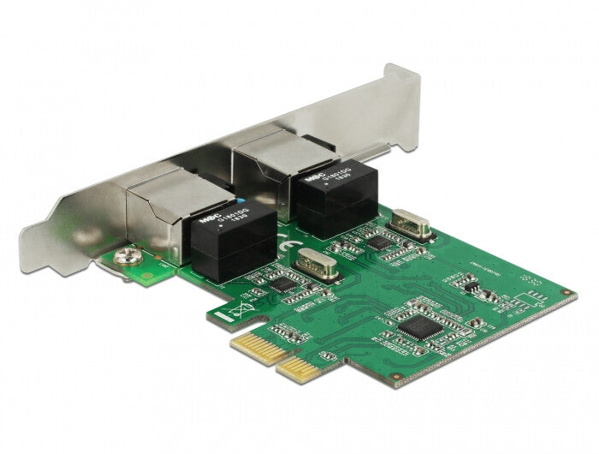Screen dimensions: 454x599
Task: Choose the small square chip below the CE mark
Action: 281,284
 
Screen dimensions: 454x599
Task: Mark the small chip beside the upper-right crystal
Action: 377,243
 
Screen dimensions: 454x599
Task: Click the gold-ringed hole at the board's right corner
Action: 566,294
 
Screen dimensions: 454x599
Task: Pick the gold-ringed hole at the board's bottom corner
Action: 396,374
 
